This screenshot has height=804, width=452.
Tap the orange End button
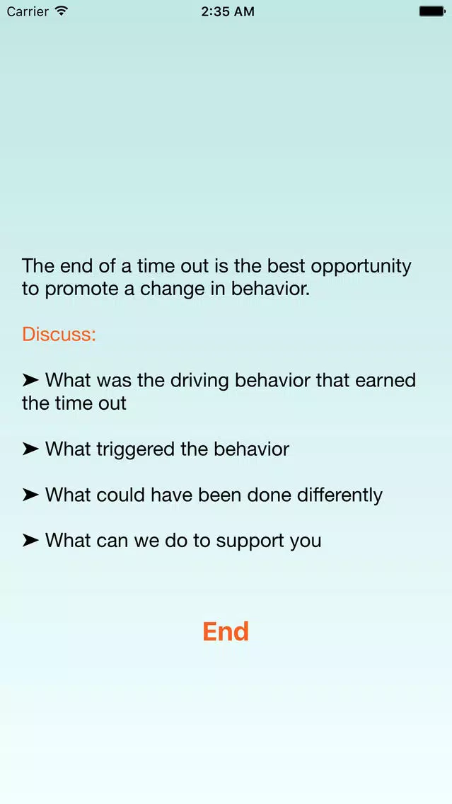pyautogui.click(x=226, y=631)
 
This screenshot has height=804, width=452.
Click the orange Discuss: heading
pyautogui.click(x=59, y=334)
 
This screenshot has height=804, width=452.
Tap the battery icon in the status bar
pyautogui.click(x=432, y=11)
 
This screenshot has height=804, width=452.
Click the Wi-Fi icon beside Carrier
pyautogui.click(x=62, y=11)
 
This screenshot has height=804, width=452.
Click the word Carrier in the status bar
pyautogui.click(x=28, y=11)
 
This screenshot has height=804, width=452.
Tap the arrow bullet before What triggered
pyautogui.click(x=30, y=449)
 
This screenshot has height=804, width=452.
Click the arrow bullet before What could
pyautogui.click(x=30, y=495)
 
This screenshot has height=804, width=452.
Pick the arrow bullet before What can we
pyautogui.click(x=30, y=541)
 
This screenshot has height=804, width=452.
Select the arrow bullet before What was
pyautogui.click(x=30, y=381)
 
